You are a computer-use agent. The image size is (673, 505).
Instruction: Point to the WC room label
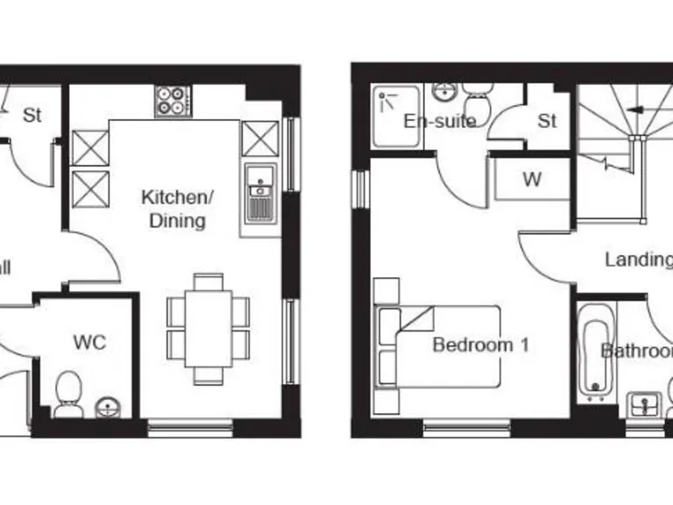pos(89,342)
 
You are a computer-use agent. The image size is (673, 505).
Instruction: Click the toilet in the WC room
pos(68,395)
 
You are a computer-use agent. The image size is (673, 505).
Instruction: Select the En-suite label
pos(439,121)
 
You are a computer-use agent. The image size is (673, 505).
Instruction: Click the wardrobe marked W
pos(532,180)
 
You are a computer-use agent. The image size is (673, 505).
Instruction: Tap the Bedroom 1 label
pos(480,345)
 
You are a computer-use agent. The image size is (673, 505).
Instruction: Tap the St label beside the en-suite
pos(547,121)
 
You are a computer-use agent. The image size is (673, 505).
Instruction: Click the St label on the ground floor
pos(32,114)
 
